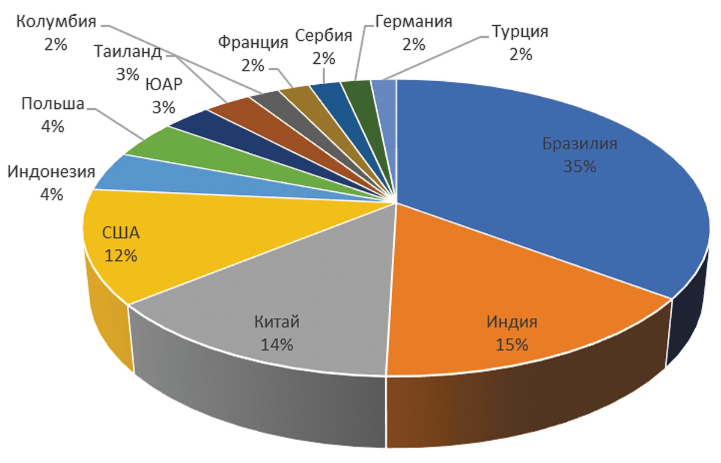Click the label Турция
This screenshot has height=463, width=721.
click(x=520, y=32)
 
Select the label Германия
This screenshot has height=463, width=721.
click(x=414, y=23)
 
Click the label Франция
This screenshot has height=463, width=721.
click(x=253, y=43)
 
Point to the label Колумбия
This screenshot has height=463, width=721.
click(x=55, y=22)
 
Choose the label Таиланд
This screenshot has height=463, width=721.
click(x=128, y=52)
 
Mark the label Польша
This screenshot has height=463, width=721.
click(x=52, y=103)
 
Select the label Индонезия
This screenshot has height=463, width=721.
click(x=52, y=173)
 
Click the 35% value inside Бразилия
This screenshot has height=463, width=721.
click(x=580, y=167)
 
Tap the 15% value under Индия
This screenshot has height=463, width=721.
click(x=511, y=345)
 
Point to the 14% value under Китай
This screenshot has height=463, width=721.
click(x=277, y=345)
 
